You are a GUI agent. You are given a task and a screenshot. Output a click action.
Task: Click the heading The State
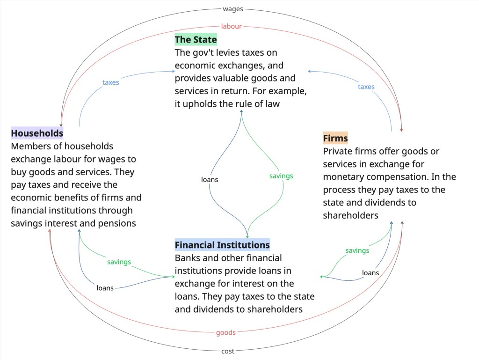click(x=196, y=40)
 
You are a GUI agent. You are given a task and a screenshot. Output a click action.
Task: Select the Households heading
click(x=37, y=133)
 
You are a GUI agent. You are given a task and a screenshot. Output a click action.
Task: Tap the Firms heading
click(x=335, y=139)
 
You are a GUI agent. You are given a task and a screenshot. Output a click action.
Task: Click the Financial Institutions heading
click(x=222, y=245)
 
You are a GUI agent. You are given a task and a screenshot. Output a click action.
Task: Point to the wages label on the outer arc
click(x=233, y=9)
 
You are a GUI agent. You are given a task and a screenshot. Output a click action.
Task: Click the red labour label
click(x=231, y=26)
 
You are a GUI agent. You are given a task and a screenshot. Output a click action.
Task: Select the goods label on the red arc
click(x=225, y=332)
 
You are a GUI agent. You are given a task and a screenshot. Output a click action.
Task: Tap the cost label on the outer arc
click(x=228, y=351)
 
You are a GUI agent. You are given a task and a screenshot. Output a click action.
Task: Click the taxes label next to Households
click(x=111, y=82)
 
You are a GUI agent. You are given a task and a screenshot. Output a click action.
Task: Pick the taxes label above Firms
click(x=366, y=87)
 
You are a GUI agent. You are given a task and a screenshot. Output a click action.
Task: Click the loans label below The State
click(x=210, y=179)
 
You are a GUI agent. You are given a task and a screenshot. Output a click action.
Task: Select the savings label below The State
click(x=281, y=176)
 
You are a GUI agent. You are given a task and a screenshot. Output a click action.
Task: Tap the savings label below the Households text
click(x=119, y=262)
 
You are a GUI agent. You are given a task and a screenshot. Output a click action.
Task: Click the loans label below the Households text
click(x=105, y=288)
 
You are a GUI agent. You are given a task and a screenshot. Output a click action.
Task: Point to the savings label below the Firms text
click(x=357, y=250)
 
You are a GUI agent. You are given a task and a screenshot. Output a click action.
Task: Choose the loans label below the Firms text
click(x=370, y=272)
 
